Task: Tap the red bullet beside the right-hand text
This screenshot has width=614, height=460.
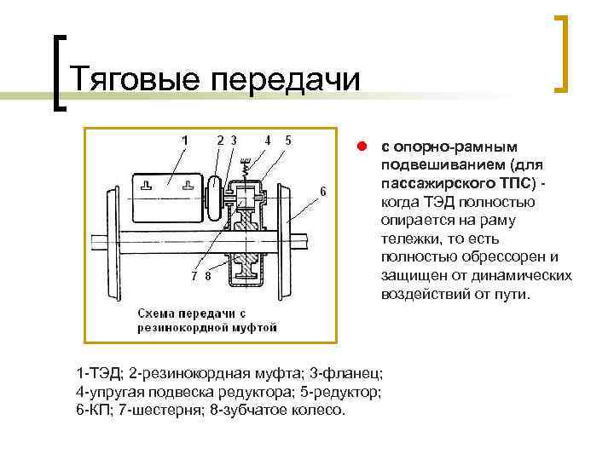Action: tap(362, 146)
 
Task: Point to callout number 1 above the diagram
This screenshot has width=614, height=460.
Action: tap(184, 139)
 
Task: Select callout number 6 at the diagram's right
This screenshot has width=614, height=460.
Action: tap(323, 190)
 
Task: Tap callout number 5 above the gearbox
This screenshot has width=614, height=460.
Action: tap(288, 139)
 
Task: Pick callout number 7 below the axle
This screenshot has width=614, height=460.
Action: tap(194, 276)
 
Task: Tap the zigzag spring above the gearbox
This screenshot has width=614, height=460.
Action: tap(246, 171)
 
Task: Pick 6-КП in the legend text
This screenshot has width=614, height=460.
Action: tap(93, 410)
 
